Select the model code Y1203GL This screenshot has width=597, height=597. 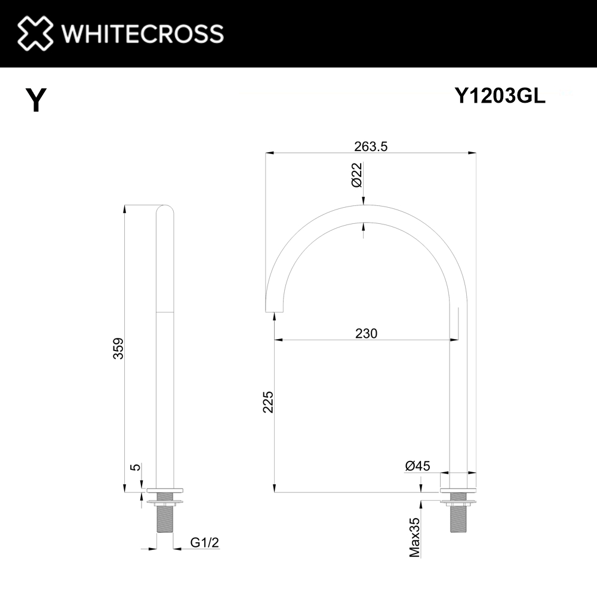[x=500, y=96]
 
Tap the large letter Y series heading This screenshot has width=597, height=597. [x=35, y=100]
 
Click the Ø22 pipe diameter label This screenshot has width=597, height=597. [x=356, y=174]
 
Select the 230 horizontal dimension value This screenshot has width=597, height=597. [x=365, y=333]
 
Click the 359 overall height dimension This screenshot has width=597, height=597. [x=118, y=348]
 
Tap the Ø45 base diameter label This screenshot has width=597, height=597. [x=417, y=466]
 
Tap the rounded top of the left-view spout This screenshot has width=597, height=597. [x=164, y=210]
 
